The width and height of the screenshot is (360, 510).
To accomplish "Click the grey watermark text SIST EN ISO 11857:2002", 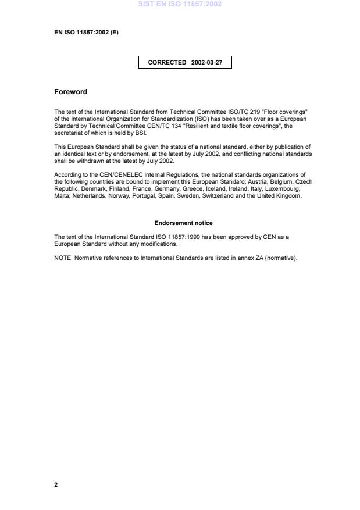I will click(x=180, y=4).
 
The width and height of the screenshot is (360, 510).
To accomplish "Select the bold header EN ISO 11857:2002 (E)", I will click(x=86, y=33).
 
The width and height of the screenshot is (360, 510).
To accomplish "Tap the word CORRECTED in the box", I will click(x=167, y=62).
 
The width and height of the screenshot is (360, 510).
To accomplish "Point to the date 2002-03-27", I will click(x=206, y=62).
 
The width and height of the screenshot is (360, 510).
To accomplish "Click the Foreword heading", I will click(x=70, y=92).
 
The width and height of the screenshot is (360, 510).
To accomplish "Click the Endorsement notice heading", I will click(x=183, y=223).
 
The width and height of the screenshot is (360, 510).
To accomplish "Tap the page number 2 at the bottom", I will click(x=56, y=484).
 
